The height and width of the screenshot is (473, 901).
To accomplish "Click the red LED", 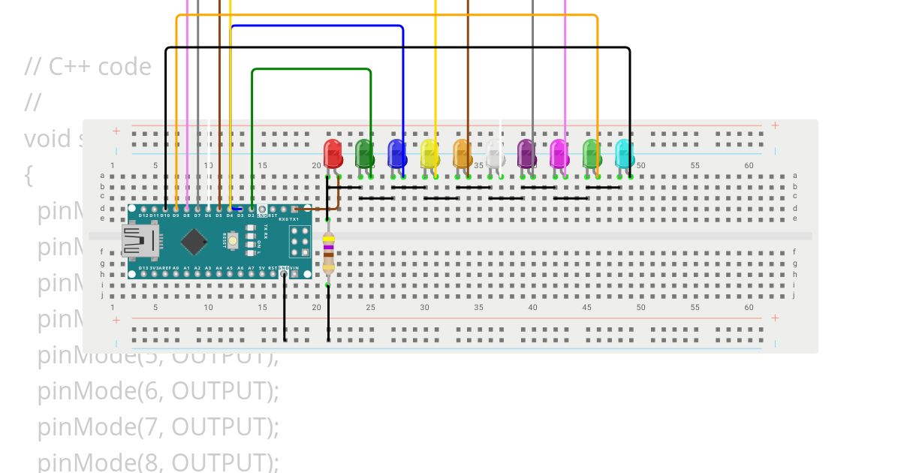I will point(333,153).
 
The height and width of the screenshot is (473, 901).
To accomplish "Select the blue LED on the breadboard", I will point(397,153).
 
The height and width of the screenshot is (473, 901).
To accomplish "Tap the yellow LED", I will point(429,153).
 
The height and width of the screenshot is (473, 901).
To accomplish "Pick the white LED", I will point(494,153).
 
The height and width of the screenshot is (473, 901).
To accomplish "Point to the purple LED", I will point(526,153).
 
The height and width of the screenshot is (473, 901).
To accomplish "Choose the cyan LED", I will point(624,153).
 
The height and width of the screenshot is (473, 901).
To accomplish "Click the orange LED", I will point(462,153).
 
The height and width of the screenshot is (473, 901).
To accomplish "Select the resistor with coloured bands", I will point(328,252).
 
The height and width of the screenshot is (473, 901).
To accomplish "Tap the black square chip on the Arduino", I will point(194,241).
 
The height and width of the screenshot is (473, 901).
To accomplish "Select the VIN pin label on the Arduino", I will point(294,267).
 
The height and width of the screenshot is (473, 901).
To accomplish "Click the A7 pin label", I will point(252,267).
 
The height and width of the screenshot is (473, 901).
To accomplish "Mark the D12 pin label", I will point(143,215).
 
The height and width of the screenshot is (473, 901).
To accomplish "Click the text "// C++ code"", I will point(88,67).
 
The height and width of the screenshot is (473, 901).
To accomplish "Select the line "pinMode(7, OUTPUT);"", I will point(158,426).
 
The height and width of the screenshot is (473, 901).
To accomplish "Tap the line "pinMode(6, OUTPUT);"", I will point(158,390).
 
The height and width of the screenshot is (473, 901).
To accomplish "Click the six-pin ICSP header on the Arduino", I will point(301,240).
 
